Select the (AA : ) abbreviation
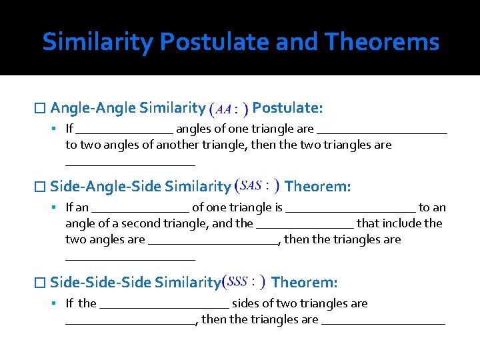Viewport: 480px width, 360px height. click(x=229, y=108)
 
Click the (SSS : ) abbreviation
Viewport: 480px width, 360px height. click(x=245, y=282)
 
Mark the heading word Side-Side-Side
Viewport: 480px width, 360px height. click(x=100, y=282)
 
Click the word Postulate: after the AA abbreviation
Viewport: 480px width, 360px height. click(x=288, y=107)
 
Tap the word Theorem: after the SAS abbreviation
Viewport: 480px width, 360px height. click(x=317, y=186)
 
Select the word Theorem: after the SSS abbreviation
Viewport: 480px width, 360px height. click(x=305, y=282)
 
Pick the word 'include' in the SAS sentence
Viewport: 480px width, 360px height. click(x=405, y=223)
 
